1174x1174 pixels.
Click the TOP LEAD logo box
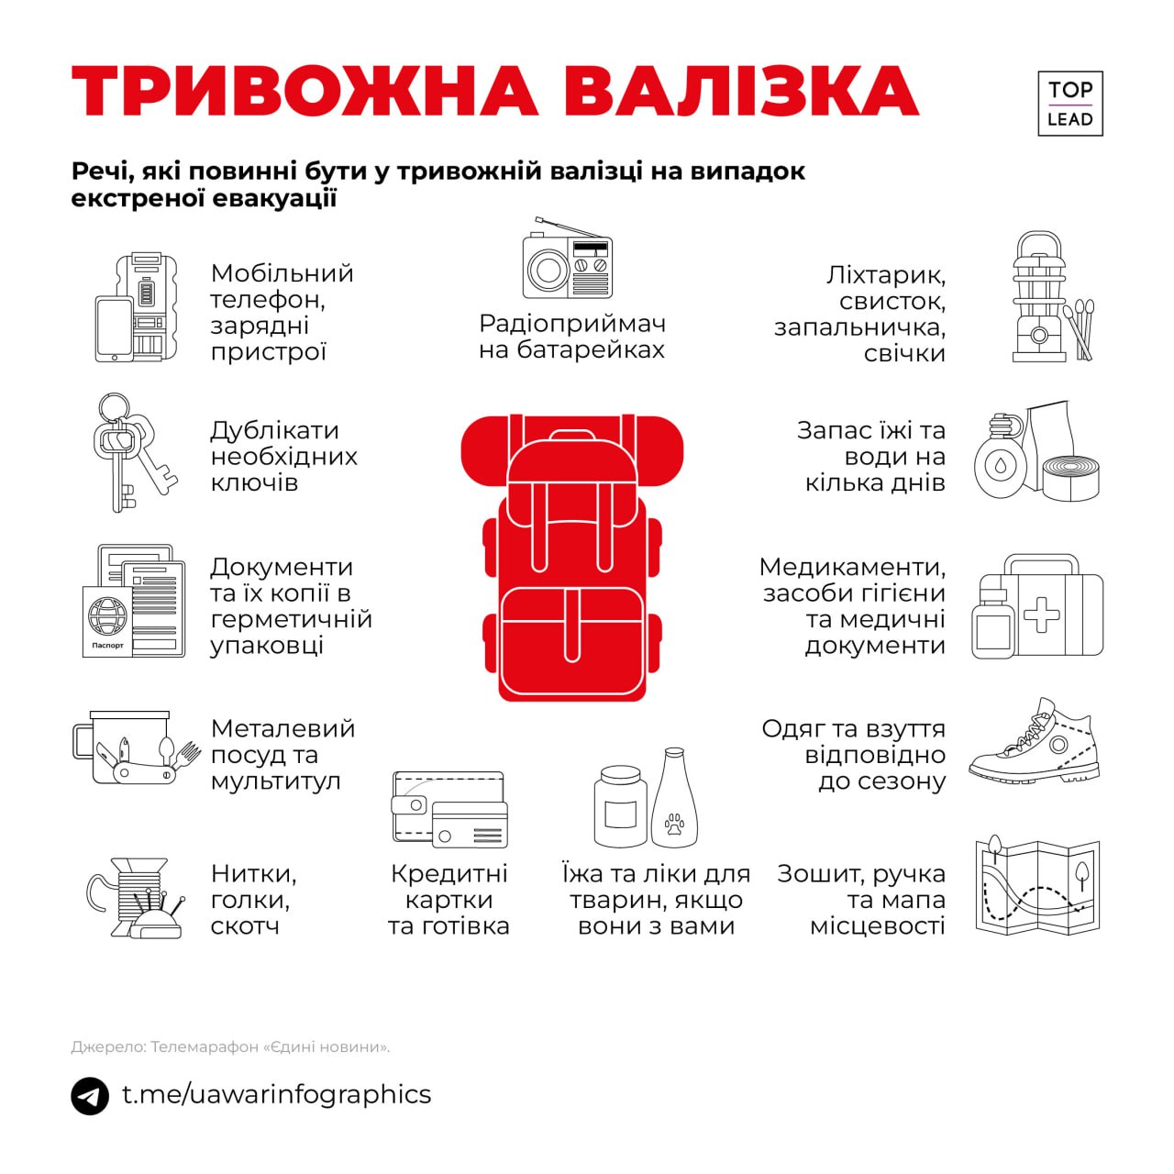pos(1069,104)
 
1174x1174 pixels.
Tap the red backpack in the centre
pos(571,558)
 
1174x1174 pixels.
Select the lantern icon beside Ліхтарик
pos(1040,296)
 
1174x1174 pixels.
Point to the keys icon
pos(135,452)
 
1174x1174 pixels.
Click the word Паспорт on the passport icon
pos(107,645)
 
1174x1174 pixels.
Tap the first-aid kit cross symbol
pos(1041,614)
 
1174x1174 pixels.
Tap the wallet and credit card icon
pos(450,810)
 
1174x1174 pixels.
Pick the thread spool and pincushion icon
pos(135,898)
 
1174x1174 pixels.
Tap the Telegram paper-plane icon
pos(90,1095)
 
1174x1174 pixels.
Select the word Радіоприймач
pos(572,325)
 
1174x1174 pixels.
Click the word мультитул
pos(275,782)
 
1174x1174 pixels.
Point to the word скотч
pos(245,926)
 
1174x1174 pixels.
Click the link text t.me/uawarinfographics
pos(277,1095)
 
